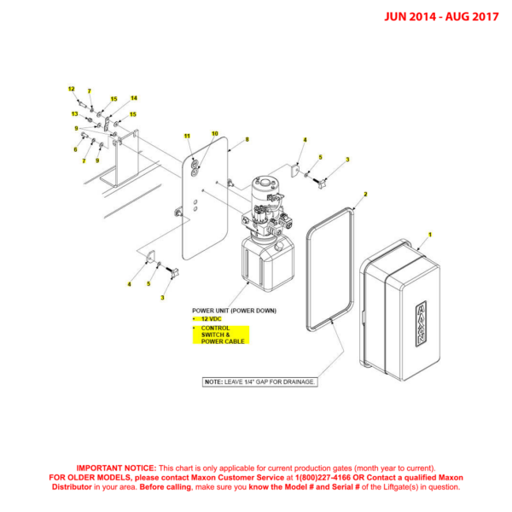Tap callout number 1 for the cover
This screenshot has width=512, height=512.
[430, 233]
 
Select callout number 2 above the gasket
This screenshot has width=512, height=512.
[365, 195]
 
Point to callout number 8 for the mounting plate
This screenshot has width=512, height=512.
[247, 139]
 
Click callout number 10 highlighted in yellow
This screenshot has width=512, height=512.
[215, 133]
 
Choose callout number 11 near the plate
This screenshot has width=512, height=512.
[188, 136]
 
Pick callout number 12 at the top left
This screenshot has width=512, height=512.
[72, 89]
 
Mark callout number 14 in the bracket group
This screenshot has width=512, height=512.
[133, 98]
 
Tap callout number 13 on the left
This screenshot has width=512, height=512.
[74, 113]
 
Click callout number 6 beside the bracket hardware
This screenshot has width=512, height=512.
[75, 149]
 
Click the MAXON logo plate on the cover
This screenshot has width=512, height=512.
[421, 323]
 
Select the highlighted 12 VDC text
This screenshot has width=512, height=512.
[210, 318]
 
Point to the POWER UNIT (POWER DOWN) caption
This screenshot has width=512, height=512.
[234, 310]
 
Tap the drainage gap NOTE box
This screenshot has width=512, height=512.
[259, 381]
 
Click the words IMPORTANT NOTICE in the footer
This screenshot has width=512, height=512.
[116, 468]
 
